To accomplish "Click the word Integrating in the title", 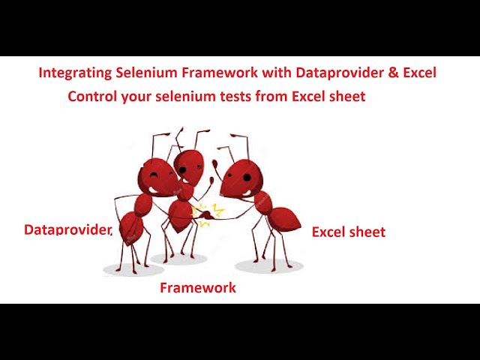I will click(x=75, y=73).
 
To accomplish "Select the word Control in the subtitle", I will click(x=92, y=97).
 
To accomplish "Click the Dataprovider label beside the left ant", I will click(x=67, y=229).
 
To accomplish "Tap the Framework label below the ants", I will click(x=198, y=287).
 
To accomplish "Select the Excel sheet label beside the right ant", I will click(x=349, y=232).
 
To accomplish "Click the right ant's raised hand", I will click(x=215, y=163).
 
